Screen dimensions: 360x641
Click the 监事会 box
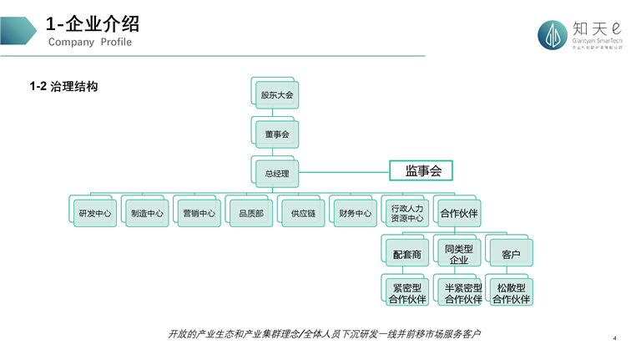tap(422, 170)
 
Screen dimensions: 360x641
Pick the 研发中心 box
tap(94, 212)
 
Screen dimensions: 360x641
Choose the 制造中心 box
tap(147, 212)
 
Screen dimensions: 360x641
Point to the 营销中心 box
tap(199, 212)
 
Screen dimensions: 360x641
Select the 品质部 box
tap(250, 212)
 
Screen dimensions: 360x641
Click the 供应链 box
tap(303, 212)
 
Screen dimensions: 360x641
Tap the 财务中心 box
tap(355, 212)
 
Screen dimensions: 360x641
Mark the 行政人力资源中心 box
tap(406, 213)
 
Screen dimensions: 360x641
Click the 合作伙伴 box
tap(459, 212)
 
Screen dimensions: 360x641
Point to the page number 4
tap(614, 338)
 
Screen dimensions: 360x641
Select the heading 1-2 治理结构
tap(63, 85)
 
